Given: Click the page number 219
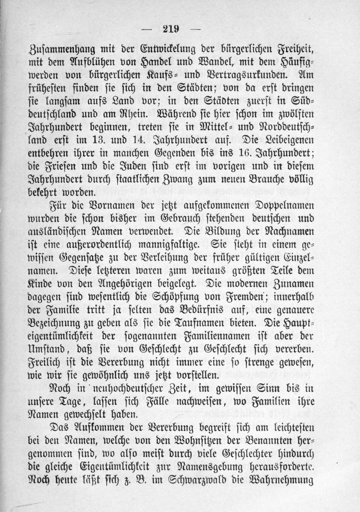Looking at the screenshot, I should [171, 29].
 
